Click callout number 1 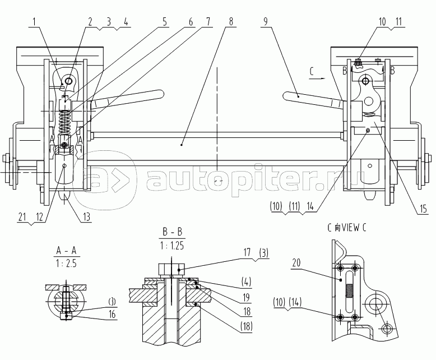(x=34, y=22)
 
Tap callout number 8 (x=230, y=22)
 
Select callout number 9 (x=266, y=22)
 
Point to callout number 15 (x=423, y=209)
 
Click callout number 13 (x=87, y=216)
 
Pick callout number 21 (x=22, y=217)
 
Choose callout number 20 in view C (x=296, y=262)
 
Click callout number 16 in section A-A (x=112, y=315)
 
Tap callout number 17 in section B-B (x=247, y=252)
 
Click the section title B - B (x=172, y=232)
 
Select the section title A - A (x=66, y=251)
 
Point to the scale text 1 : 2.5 (x=66, y=263)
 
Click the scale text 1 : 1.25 (x=172, y=246)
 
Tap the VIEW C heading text (x=347, y=228)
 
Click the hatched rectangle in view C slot (x=349, y=290)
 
